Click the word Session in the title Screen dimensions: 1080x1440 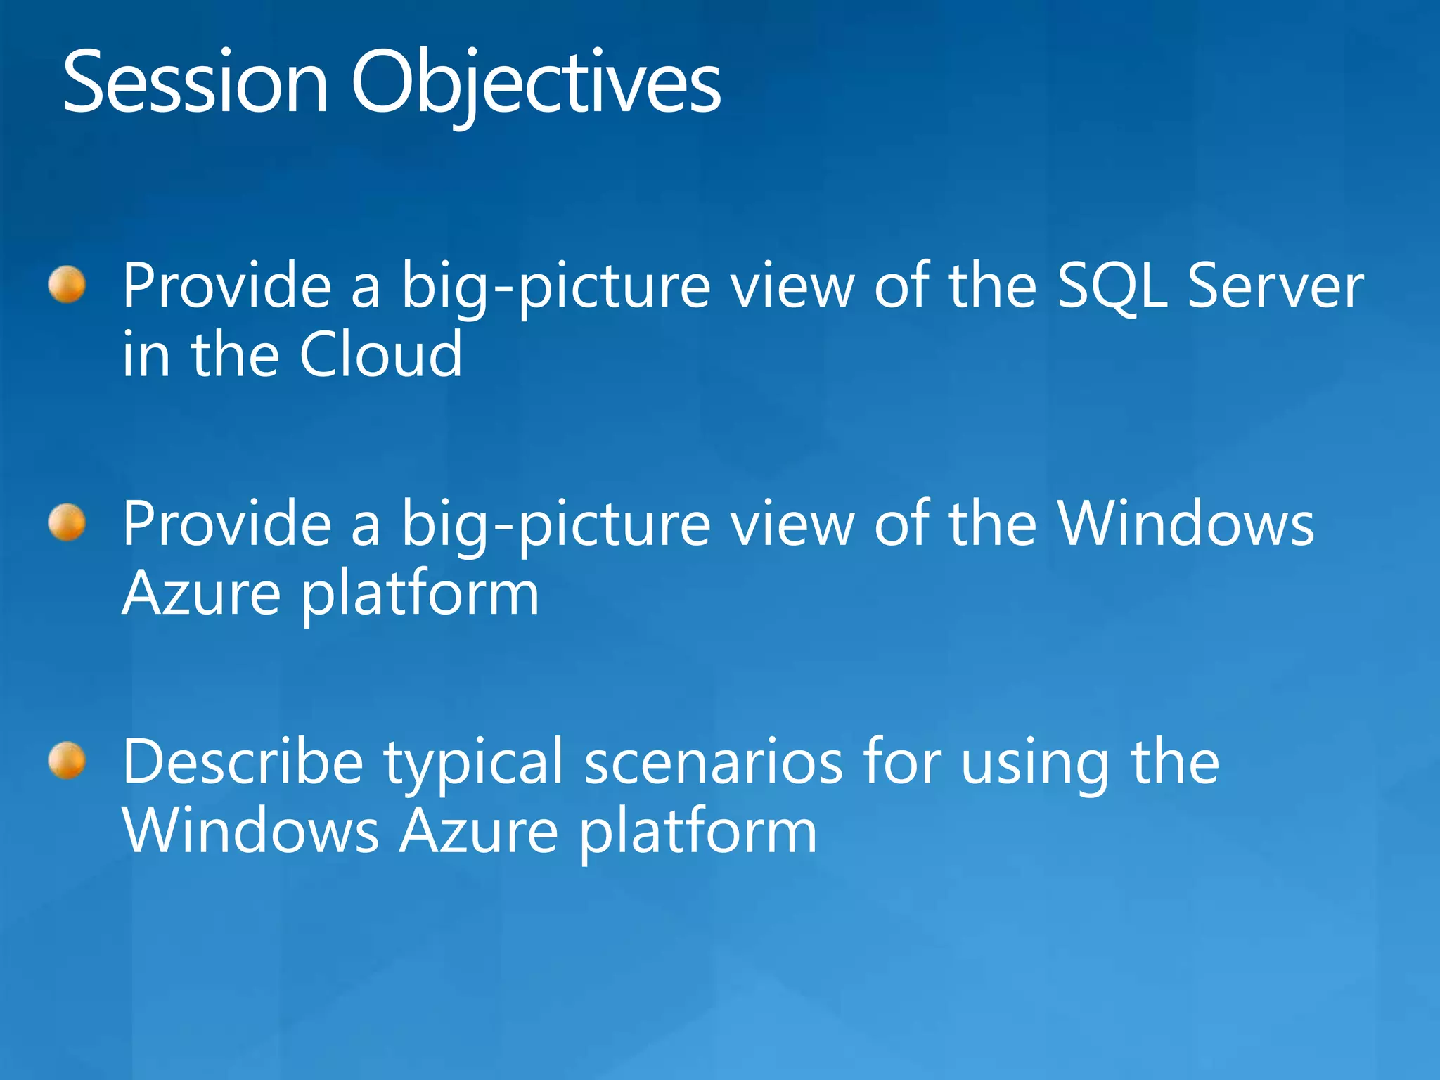tap(195, 83)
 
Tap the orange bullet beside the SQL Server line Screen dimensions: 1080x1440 tap(67, 285)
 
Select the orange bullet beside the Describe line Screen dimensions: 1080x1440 tap(67, 761)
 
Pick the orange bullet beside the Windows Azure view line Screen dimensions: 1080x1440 tap(67, 523)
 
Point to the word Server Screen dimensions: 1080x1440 tap(1275, 285)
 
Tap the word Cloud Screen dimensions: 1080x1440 tap(380, 354)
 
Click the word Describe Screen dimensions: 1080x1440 tap(243, 762)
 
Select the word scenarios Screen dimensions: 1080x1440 tap(713, 762)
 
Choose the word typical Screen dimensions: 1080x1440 tap(473, 766)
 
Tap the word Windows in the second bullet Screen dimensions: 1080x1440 tap(1185, 524)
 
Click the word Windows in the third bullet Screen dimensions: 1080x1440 tap(251, 831)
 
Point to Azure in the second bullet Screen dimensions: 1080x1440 tap(202, 593)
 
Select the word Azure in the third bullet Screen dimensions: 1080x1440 tap(479, 831)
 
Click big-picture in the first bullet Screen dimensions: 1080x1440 tap(556, 288)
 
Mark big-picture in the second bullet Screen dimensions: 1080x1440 tap(556, 527)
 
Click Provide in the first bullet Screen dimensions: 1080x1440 tap(227, 285)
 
